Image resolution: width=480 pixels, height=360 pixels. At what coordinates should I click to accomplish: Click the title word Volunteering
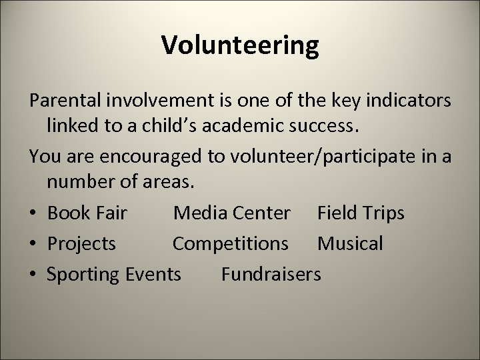pos(240,45)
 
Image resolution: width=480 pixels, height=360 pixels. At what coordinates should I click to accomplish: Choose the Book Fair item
pos(87,213)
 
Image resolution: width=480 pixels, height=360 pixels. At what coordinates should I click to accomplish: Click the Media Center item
pos(231,213)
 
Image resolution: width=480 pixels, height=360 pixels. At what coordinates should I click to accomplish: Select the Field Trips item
pos(361,213)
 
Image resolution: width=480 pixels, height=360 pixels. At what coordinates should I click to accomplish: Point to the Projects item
pos(81,243)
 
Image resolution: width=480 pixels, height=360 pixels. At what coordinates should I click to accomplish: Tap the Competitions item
pos(231,243)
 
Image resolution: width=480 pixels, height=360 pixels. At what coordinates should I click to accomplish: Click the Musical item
pos(350,243)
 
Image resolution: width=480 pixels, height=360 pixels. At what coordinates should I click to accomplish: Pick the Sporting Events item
pos(113,273)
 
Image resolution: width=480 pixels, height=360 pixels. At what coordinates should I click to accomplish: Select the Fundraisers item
pos(271,273)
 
